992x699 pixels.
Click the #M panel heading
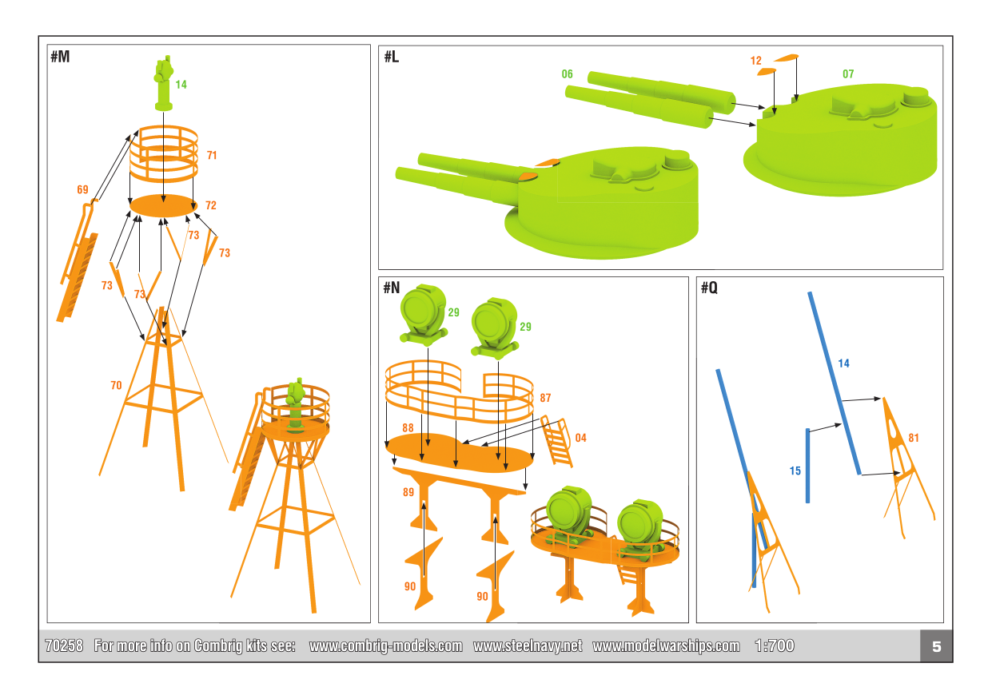(60, 57)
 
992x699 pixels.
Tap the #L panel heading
(392, 57)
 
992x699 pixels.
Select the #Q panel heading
(709, 288)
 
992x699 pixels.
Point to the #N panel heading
(392, 288)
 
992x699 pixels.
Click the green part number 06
(567, 74)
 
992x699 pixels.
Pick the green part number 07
(848, 74)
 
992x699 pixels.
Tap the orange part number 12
(755, 61)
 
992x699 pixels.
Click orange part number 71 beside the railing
(212, 156)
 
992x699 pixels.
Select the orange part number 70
(116, 385)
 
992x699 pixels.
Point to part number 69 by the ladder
(82, 189)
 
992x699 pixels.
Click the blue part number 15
(795, 471)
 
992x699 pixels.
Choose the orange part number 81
(914, 438)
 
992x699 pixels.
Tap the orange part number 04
(580, 438)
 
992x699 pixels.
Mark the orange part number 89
(408, 492)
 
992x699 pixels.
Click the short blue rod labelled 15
(807, 466)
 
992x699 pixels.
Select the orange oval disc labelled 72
(163, 205)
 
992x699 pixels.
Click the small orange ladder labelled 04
(556, 441)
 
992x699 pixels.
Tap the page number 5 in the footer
(936, 646)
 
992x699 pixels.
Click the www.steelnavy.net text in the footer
(528, 646)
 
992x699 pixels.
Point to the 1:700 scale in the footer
(775, 646)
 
